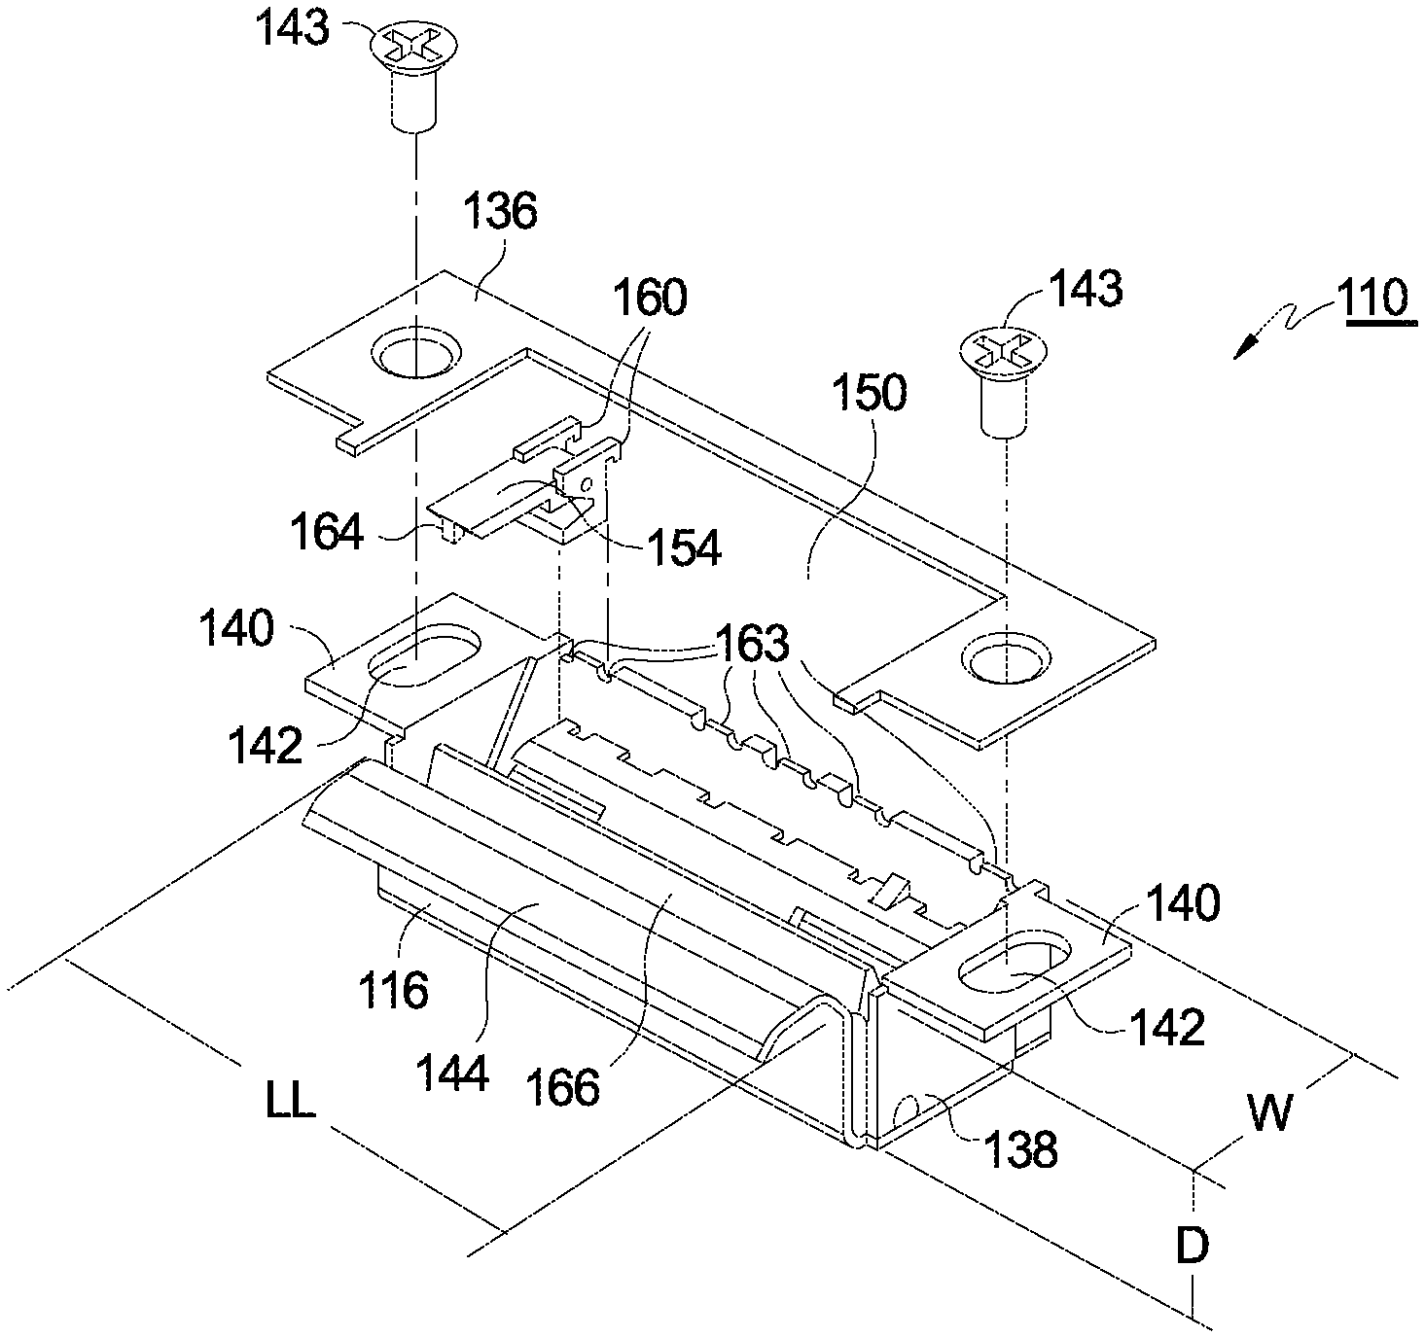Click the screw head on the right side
pyautogui.click(x=1003, y=352)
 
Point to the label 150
pyautogui.click(x=870, y=393)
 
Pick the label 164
pyautogui.click(x=327, y=532)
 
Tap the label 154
pyautogui.click(x=684, y=548)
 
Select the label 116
pyautogui.click(x=393, y=990)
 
